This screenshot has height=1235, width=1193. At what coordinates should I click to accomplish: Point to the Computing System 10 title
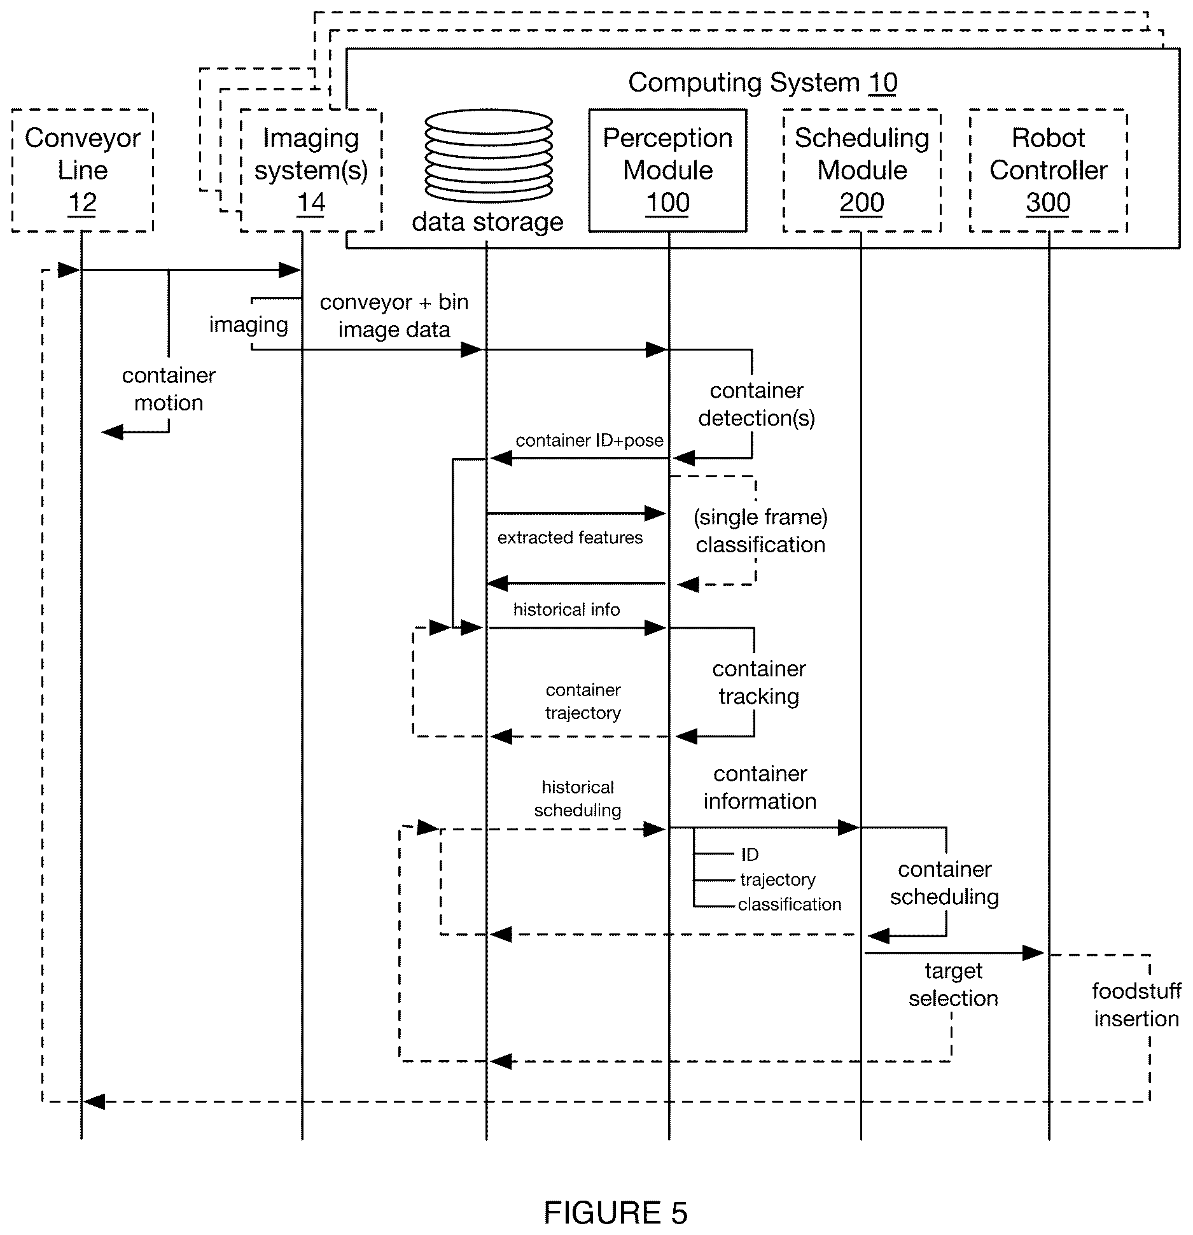[763, 83]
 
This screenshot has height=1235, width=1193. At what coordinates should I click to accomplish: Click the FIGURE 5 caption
[615, 1213]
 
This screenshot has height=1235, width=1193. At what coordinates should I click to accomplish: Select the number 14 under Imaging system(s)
[311, 203]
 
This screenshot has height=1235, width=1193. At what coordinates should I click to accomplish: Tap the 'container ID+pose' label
[589, 440]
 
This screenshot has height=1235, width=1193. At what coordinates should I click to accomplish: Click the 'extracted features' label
[570, 538]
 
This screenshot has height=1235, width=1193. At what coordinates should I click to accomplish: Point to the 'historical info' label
[566, 610]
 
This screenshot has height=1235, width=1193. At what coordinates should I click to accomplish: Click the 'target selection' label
[953, 984]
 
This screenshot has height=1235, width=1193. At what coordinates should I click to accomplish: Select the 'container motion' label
[169, 389]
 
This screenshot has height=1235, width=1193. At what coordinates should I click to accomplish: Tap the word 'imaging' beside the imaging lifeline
[249, 324]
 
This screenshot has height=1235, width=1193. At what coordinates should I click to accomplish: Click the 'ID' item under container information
[750, 855]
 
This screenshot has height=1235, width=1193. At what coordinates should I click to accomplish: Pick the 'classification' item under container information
[790, 904]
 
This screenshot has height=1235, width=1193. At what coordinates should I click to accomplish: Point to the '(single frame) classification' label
[760, 531]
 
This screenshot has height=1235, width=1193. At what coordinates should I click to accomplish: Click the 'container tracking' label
[759, 683]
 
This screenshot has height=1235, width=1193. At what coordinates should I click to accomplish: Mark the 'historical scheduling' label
[578, 799]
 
